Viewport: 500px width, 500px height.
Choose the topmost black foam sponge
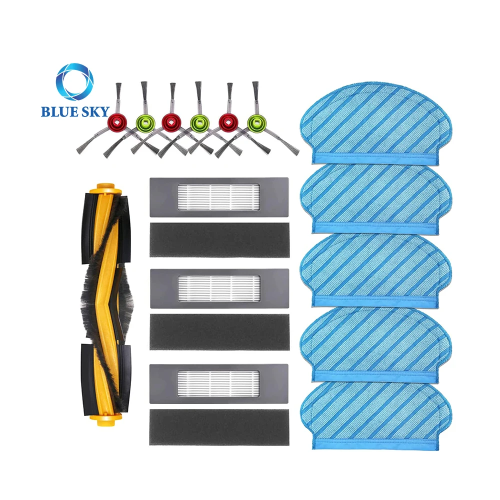point(219,239)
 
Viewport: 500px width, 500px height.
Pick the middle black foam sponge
point(219,331)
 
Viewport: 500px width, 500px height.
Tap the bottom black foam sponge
point(219,426)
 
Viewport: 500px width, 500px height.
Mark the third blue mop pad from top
point(375,270)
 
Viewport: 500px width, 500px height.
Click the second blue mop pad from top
point(375,197)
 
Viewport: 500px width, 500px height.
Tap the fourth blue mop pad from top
point(375,345)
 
